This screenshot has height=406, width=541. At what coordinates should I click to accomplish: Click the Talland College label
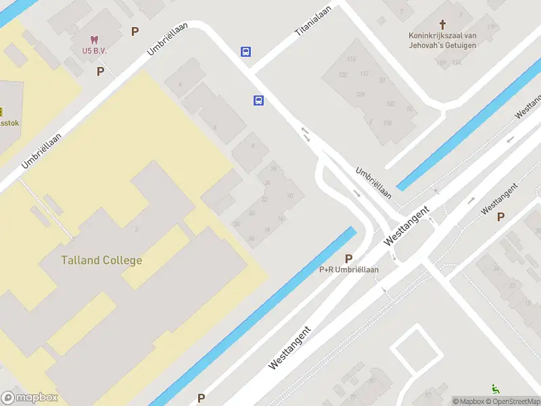pos(101,261)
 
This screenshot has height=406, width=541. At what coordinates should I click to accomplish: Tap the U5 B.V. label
pos(91,51)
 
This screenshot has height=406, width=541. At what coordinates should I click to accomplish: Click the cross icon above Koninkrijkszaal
pos(443,24)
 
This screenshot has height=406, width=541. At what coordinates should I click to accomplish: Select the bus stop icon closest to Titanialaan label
pos(245,51)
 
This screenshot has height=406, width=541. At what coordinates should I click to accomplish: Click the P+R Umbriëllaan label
pos(349,269)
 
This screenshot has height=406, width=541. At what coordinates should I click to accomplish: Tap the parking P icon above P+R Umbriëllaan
pos(349,258)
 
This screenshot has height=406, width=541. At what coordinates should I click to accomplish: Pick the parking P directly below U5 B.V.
pos(100,71)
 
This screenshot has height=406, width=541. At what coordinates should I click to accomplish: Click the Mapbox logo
pos(30,398)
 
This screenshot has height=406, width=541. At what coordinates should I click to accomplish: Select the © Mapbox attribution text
pos(469,401)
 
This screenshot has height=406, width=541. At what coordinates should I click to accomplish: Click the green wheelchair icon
pos(496,389)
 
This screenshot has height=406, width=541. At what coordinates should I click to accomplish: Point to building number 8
pos(254,145)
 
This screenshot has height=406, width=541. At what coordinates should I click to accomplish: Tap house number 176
pos(351,60)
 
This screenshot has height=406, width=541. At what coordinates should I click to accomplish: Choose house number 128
pos(360,95)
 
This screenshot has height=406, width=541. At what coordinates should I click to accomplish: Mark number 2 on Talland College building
pos(137,229)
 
